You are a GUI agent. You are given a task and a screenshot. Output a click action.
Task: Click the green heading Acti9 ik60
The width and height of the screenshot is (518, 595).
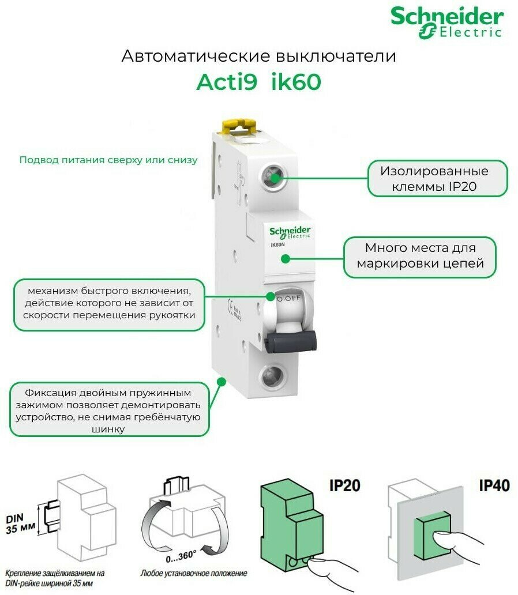(x=258, y=82)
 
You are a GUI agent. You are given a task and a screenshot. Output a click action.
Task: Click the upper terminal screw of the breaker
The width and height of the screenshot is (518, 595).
(x=273, y=175)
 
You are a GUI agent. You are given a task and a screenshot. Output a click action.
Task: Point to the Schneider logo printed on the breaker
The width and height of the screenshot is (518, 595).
(x=290, y=232)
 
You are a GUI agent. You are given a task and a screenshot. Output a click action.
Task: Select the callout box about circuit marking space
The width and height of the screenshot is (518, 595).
(x=419, y=256)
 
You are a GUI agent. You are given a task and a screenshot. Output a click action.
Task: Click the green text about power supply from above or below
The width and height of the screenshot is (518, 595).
(x=108, y=160)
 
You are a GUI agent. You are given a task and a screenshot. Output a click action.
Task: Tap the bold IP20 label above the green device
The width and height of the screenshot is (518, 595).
(x=344, y=485)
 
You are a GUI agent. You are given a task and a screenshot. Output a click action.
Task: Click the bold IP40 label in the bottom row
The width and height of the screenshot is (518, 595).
(x=494, y=485)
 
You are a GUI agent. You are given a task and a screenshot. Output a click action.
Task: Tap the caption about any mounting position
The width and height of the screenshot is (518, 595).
(x=193, y=574)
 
